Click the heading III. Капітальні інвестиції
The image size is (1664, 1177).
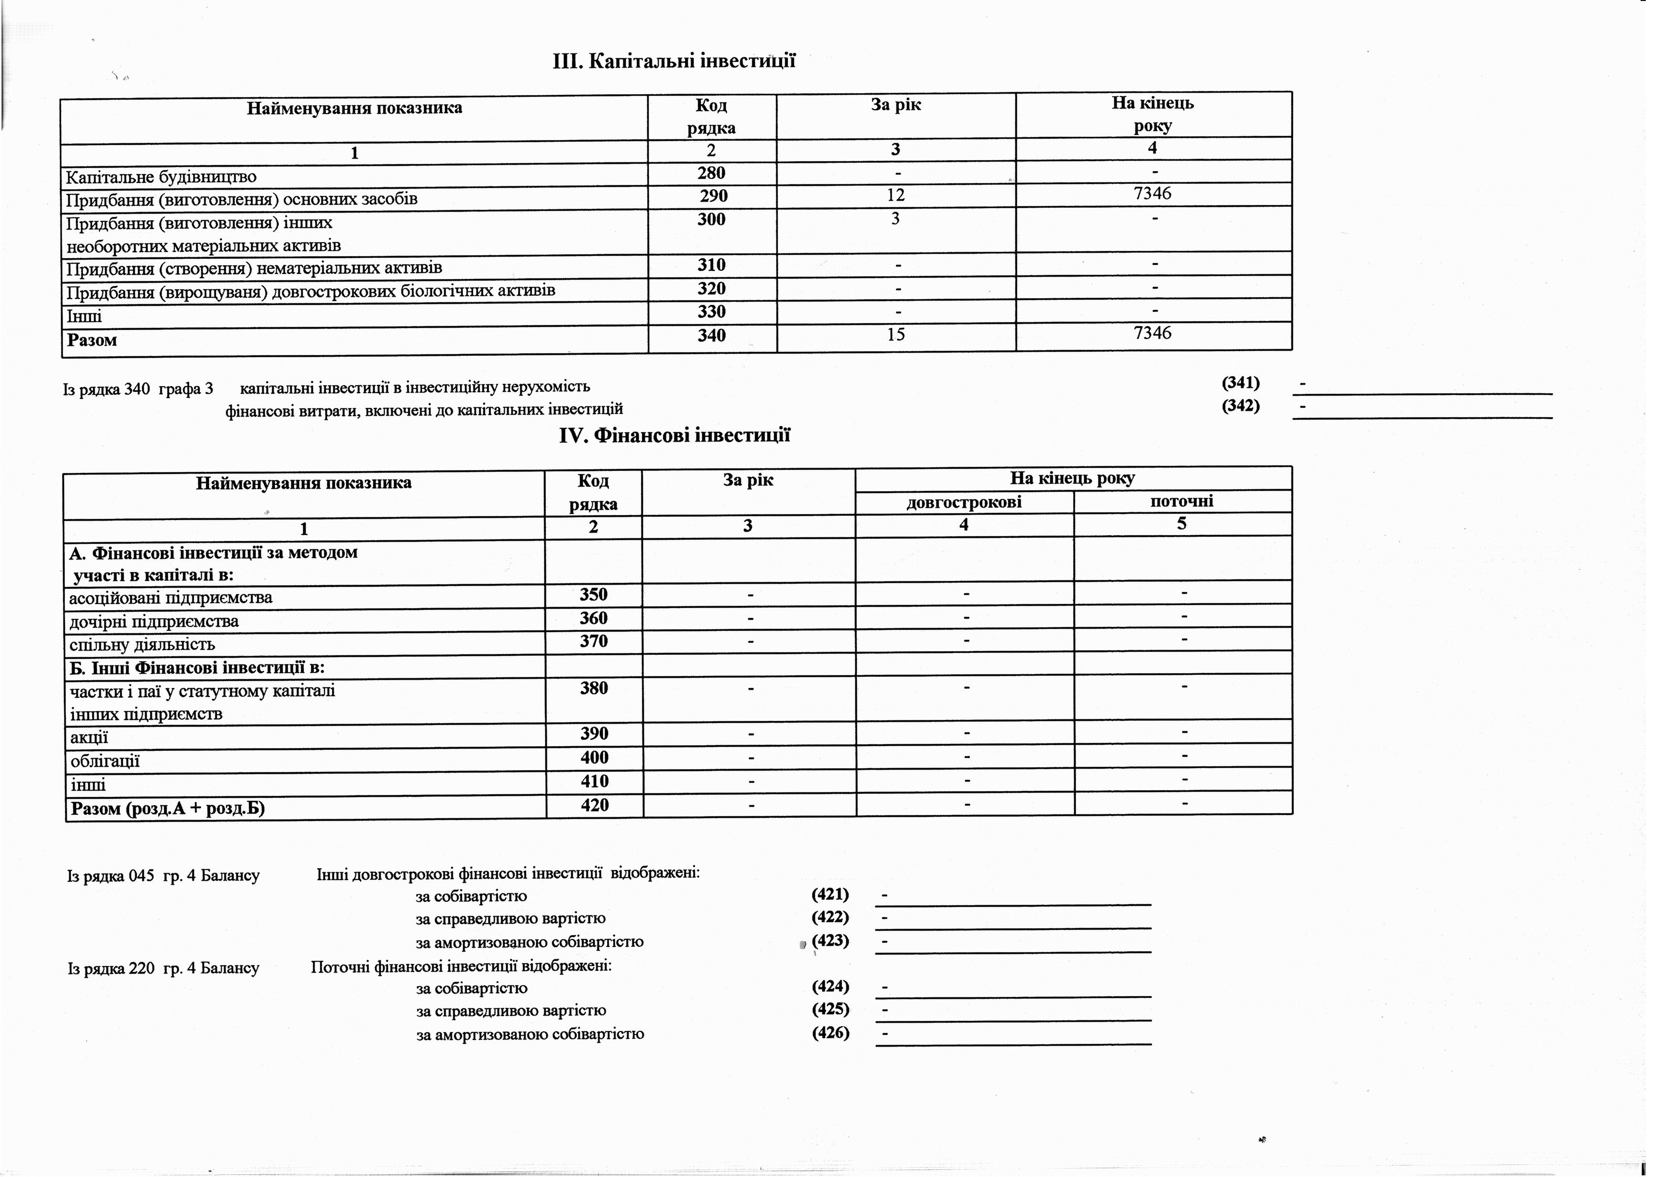pos(674,61)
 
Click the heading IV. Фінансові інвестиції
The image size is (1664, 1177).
pos(674,436)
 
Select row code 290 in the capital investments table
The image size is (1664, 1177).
pos(713,196)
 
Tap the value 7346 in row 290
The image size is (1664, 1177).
pos(1152,193)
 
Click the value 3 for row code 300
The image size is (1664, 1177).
pos(896,218)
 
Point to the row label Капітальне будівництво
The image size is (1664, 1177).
pos(161,177)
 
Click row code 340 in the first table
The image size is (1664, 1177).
pos(711,335)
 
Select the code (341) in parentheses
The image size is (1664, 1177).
pos(1241,383)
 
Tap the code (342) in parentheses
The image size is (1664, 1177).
pos(1241,406)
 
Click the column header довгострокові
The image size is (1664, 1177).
pos(964,502)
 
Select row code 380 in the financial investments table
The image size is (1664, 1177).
pos(594,688)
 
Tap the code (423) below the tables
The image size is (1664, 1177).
pos(831,941)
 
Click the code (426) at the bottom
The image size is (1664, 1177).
pos(831,1033)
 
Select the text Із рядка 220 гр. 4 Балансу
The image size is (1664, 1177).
pos(163,968)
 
